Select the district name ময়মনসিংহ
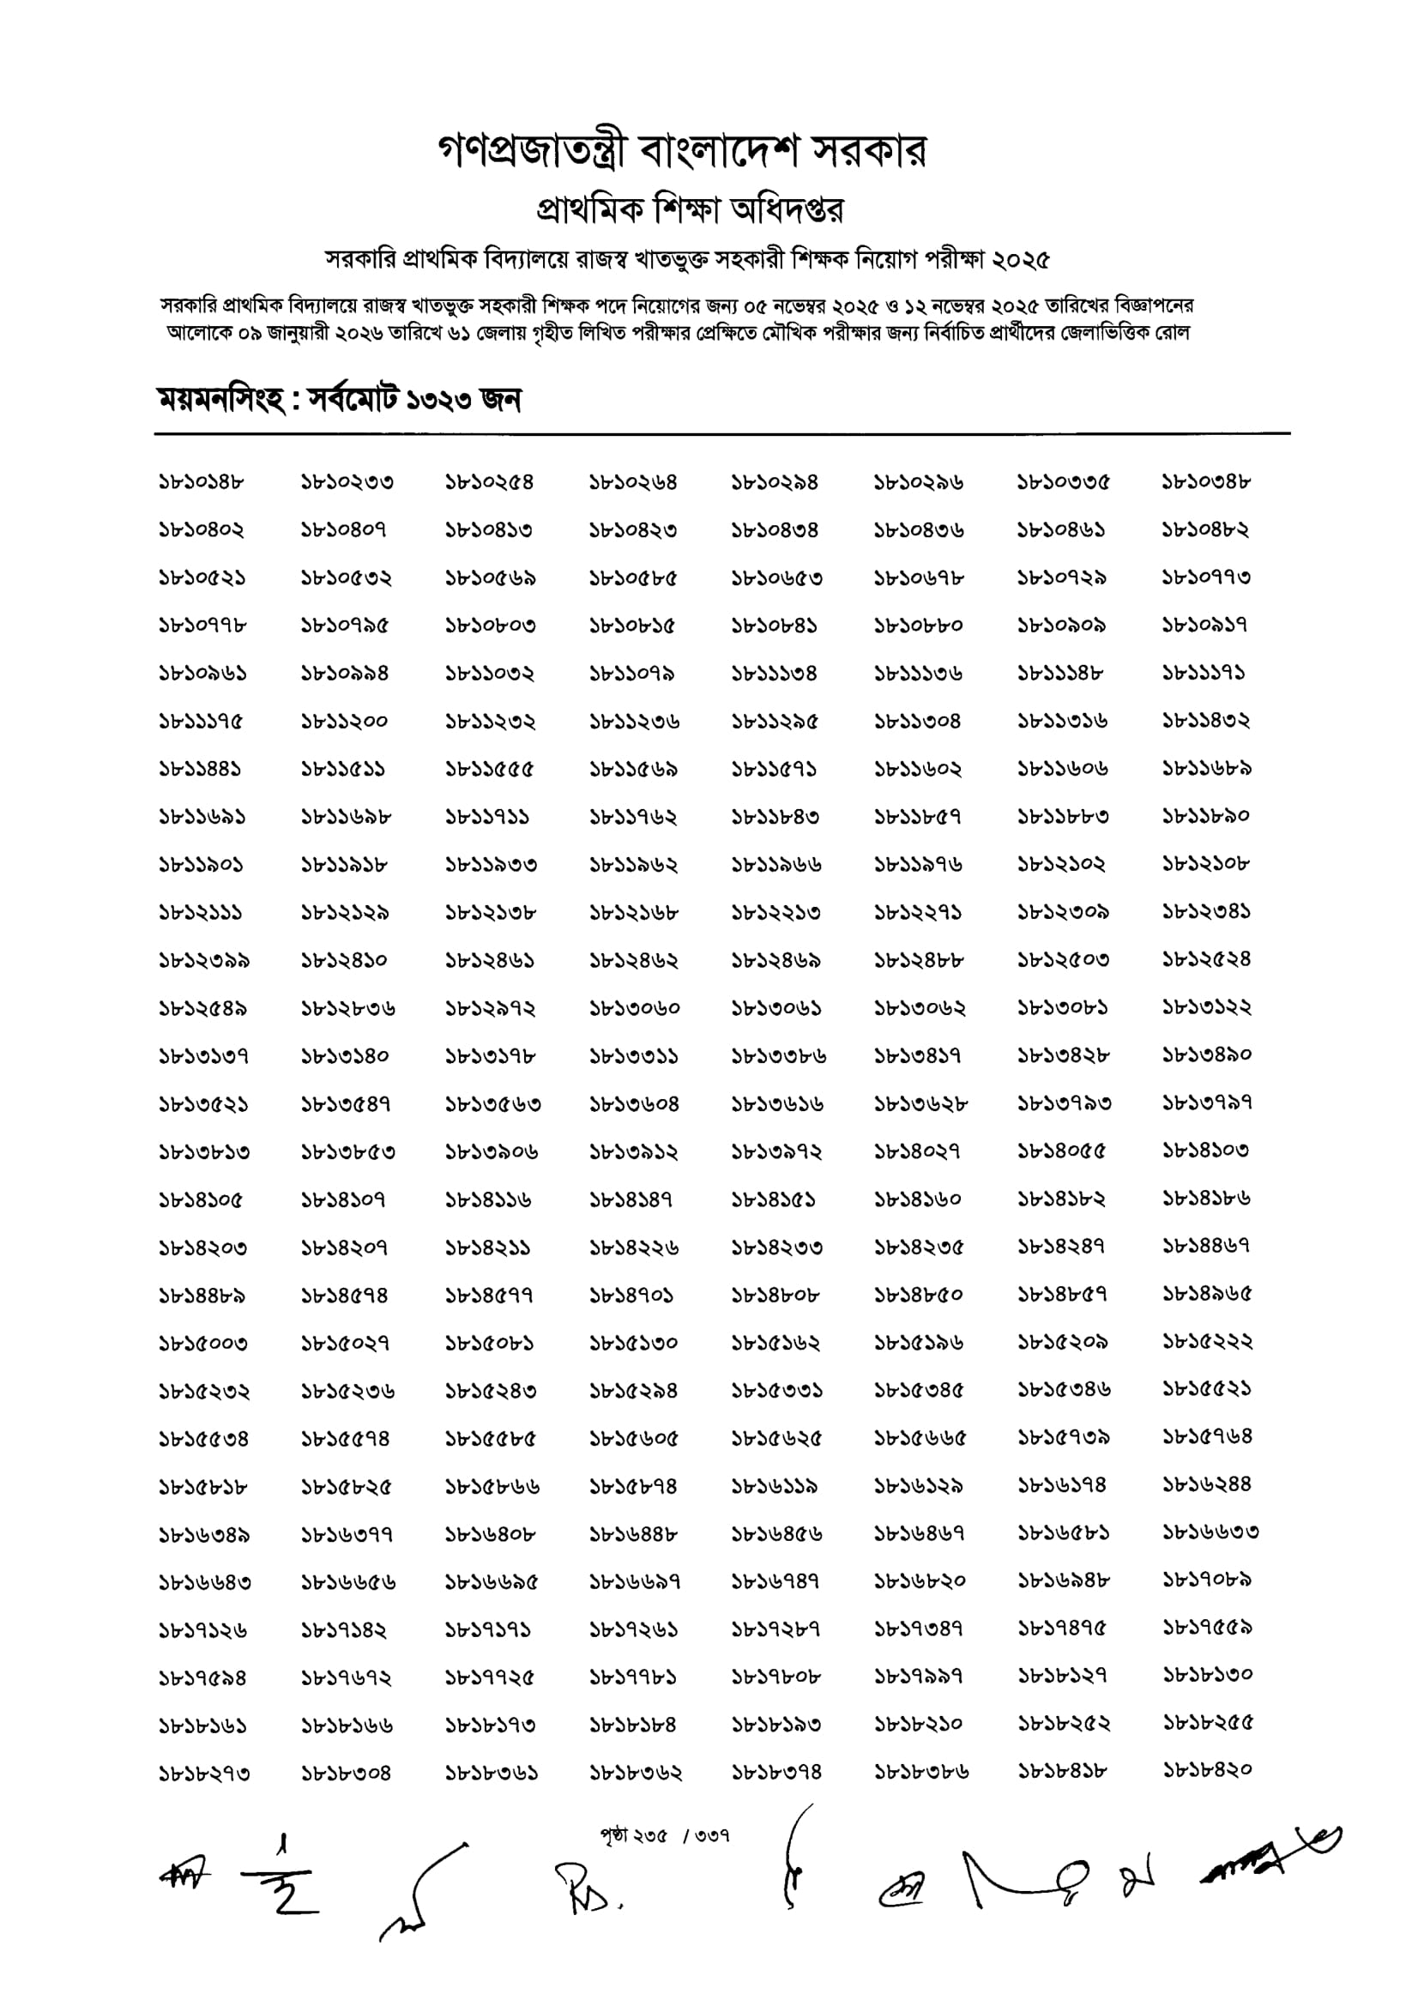(x=220, y=401)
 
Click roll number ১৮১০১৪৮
(x=201, y=482)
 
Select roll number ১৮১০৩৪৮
(x=1206, y=482)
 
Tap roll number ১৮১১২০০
(x=344, y=722)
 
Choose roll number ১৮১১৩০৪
(x=917, y=722)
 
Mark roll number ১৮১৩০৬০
(x=634, y=1009)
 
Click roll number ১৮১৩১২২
(x=1206, y=1008)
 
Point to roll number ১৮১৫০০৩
(x=202, y=1344)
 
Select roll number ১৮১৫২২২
(x=1208, y=1343)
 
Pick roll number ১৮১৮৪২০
(x=1208, y=1771)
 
